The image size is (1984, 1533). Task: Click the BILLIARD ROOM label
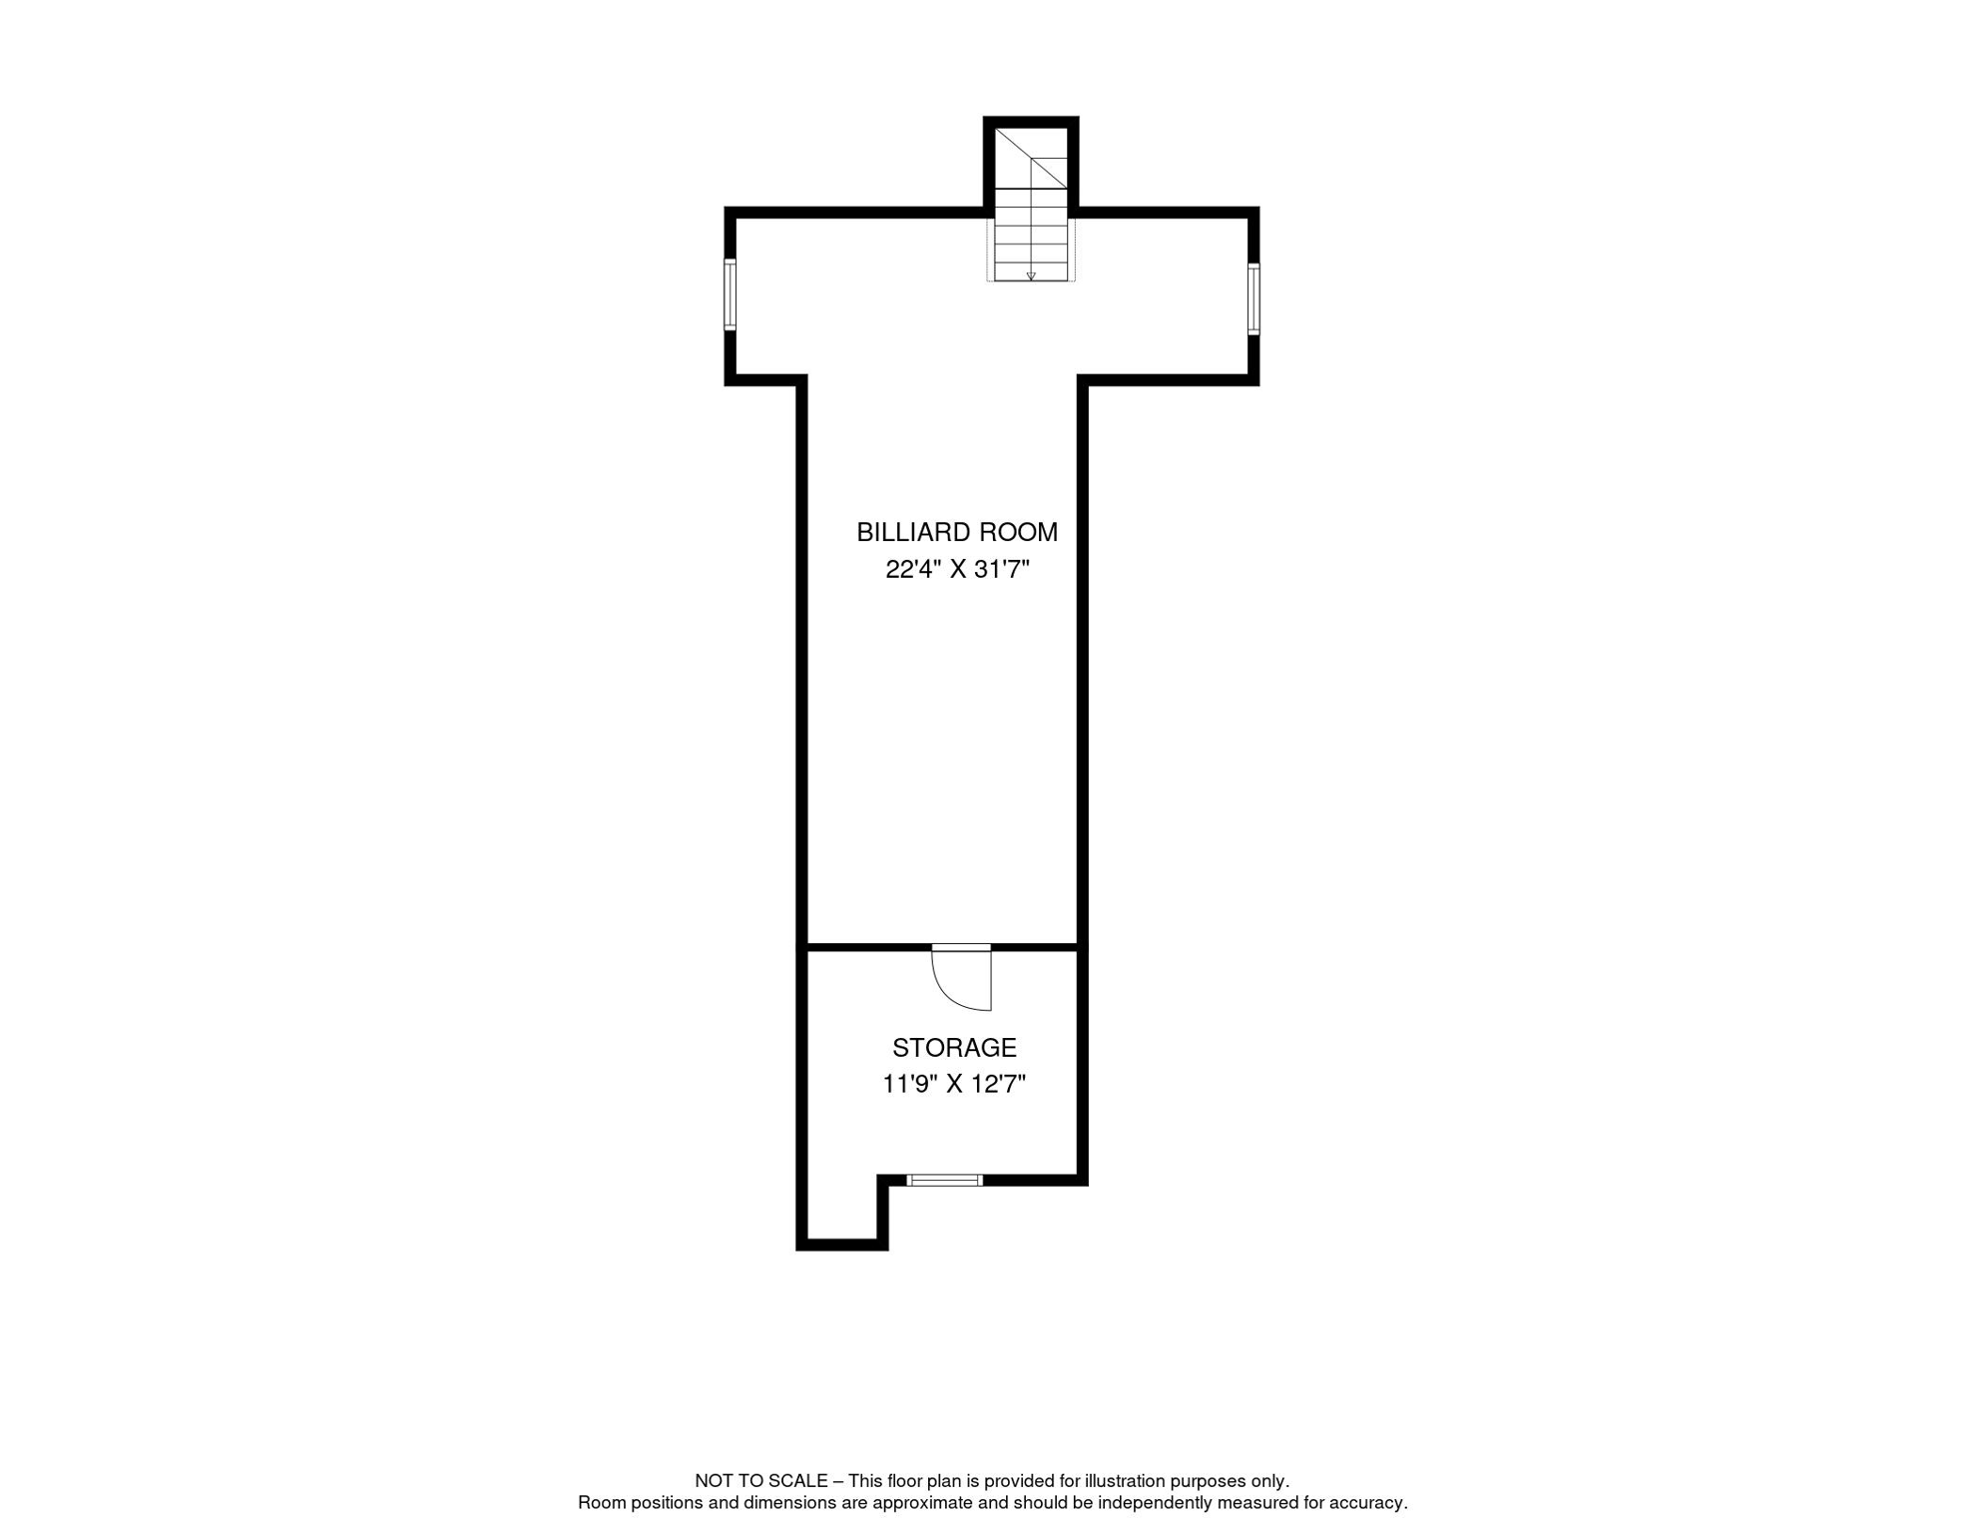pos(956,532)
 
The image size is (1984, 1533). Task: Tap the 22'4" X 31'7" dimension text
pos(956,569)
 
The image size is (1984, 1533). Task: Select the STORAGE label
pos(954,1047)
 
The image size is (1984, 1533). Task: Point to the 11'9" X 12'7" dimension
pos(954,1084)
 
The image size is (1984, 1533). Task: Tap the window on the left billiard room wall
pos(730,294)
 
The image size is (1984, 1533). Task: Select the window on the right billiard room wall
pos(1253,298)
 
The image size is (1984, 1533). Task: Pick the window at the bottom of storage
pos(944,1180)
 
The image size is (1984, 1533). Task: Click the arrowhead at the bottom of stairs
pos(1031,276)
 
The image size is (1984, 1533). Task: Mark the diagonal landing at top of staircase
pos(1031,158)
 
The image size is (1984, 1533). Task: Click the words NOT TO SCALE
pos(760,1481)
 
